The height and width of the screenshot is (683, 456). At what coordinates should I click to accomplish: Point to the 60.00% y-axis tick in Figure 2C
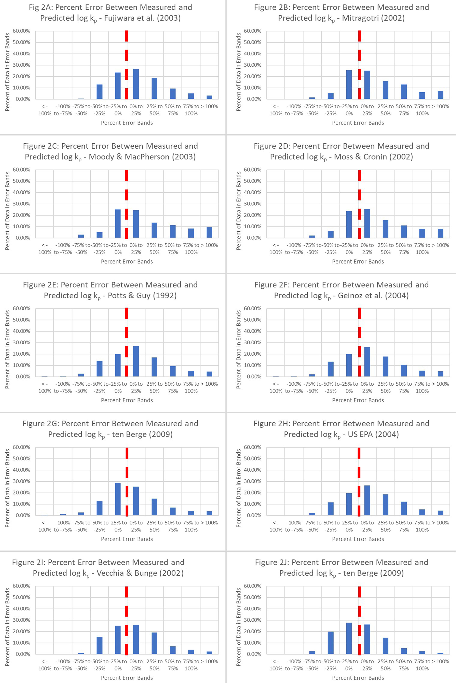coord(21,170)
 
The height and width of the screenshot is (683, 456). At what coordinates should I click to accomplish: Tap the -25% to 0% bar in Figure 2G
coord(118,499)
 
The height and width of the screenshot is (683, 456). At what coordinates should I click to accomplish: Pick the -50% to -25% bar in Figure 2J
coord(331,643)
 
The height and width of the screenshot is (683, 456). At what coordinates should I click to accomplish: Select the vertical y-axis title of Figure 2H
coord(238,488)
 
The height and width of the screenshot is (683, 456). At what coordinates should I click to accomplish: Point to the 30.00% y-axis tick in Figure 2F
coord(252,343)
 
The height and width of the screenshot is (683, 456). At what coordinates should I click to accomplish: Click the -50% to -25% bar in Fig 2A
coord(99,92)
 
